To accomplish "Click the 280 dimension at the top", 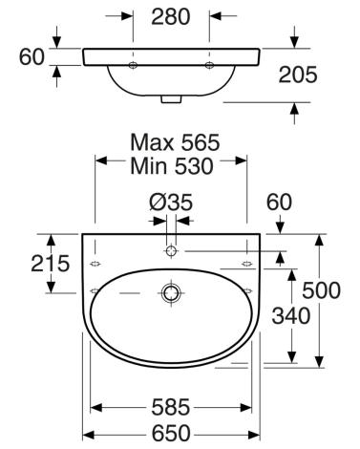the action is click(x=171, y=17).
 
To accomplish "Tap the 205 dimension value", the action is click(x=298, y=75).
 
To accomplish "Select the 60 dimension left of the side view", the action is click(x=32, y=57).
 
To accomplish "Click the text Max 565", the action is click(x=175, y=142).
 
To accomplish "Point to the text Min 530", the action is click(x=172, y=166).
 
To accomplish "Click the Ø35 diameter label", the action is click(x=171, y=203).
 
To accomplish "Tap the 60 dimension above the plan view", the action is click(x=279, y=203).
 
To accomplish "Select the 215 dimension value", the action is click(x=50, y=264).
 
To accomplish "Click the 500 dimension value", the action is click(x=321, y=290).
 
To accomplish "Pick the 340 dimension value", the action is click(x=291, y=315).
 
